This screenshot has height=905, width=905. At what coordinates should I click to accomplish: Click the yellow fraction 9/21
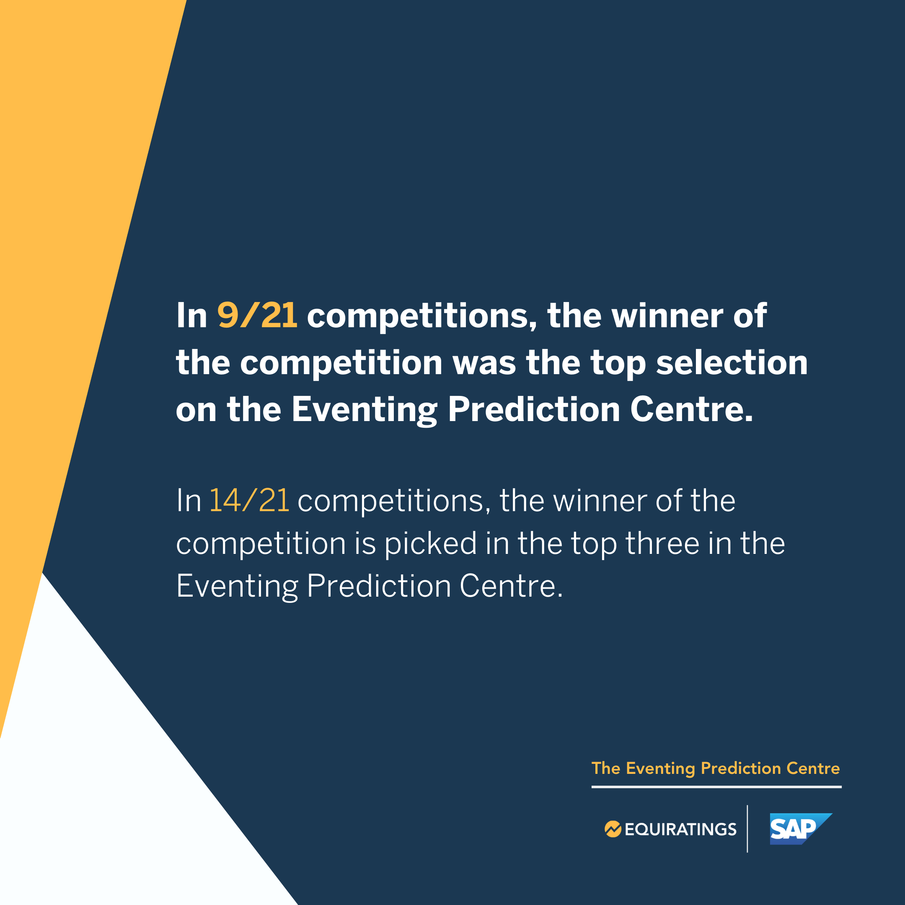[257, 315]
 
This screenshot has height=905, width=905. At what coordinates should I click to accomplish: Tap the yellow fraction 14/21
[249, 500]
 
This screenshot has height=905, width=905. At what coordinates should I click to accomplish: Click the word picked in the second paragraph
[430, 543]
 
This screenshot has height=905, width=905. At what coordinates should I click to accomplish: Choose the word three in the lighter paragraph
[662, 543]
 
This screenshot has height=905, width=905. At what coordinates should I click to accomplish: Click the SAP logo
[801, 829]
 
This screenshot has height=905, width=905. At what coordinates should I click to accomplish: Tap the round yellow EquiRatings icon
[613, 829]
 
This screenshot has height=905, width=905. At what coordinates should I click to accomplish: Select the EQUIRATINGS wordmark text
[680, 830]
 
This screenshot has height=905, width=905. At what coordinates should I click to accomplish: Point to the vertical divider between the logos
[747, 829]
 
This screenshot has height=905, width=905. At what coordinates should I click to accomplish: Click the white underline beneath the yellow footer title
[716, 787]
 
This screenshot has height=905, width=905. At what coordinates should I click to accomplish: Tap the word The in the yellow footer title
[606, 768]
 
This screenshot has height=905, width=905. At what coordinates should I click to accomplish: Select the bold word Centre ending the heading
[691, 409]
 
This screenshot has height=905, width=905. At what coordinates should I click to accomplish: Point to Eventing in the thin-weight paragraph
[237, 586]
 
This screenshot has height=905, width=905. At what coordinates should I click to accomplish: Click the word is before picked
[365, 543]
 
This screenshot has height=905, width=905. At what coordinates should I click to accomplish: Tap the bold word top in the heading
[618, 364]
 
